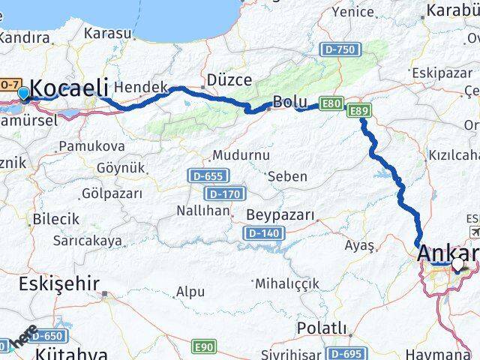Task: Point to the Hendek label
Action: (x=142, y=88)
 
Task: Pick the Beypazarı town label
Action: (x=280, y=215)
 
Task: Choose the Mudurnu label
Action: (x=241, y=155)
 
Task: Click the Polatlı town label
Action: (x=322, y=328)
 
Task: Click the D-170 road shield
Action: (x=224, y=194)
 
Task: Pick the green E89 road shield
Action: (x=358, y=111)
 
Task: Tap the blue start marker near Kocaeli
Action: (x=24, y=94)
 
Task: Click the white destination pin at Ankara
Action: (x=457, y=265)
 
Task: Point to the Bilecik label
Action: (x=55, y=219)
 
